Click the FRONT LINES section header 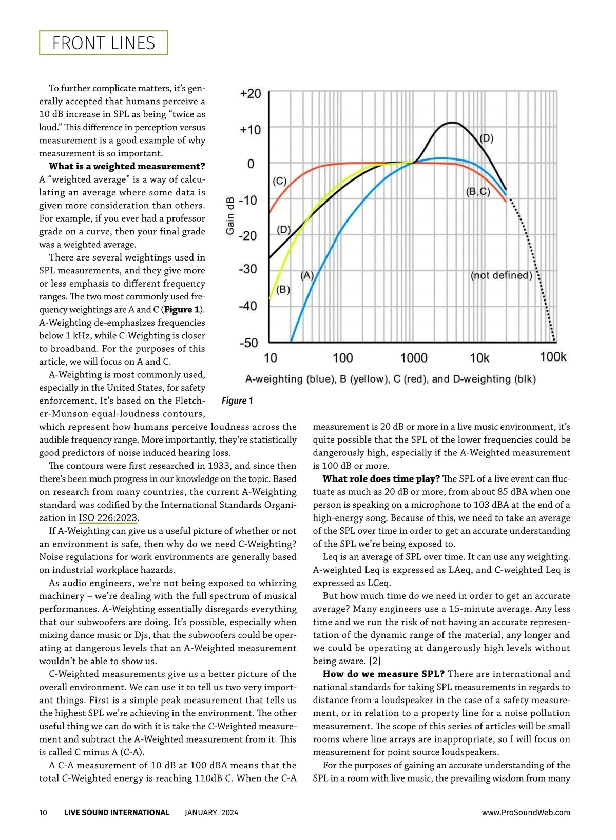pyautogui.click(x=104, y=43)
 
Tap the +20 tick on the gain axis pyautogui.click(x=251, y=94)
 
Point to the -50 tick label pyautogui.click(x=249, y=343)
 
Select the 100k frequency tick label pyautogui.click(x=553, y=357)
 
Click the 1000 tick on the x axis pyautogui.click(x=414, y=357)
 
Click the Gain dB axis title pyautogui.click(x=230, y=216)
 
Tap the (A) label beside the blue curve pyautogui.click(x=307, y=275)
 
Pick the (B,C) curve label pyautogui.click(x=478, y=192)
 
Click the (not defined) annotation pyautogui.click(x=502, y=275)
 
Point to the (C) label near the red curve pyautogui.click(x=279, y=181)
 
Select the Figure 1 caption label pyautogui.click(x=237, y=401)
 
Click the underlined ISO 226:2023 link pyautogui.click(x=108, y=518)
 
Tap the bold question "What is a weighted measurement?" pyautogui.click(x=127, y=166)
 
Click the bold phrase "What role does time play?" pyautogui.click(x=381, y=479)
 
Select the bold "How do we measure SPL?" pyautogui.click(x=383, y=674)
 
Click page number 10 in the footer pyautogui.click(x=43, y=812)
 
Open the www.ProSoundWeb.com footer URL pyautogui.click(x=526, y=812)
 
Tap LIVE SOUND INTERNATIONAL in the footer pyautogui.click(x=117, y=812)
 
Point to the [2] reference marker pyautogui.click(x=374, y=661)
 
